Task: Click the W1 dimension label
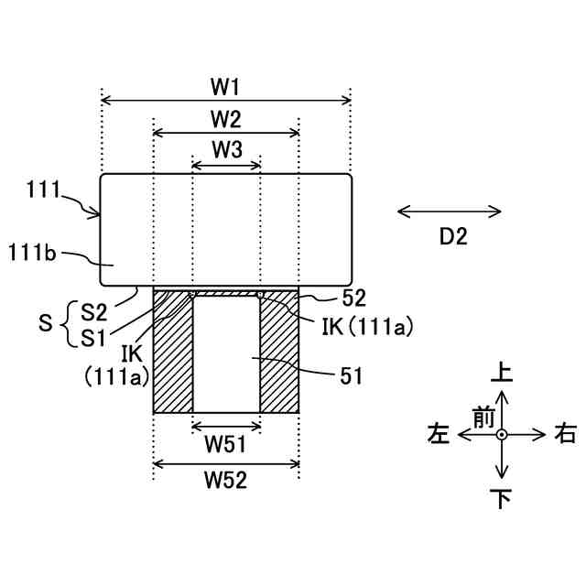coord(225,87)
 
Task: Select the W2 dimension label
coord(225,119)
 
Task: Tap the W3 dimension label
coord(226,149)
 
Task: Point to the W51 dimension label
coord(226,444)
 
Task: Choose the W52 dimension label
coord(226,478)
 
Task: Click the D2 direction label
coord(452,237)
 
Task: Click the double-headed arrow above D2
coord(450,212)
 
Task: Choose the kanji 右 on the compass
coord(565,436)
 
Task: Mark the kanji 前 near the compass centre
coord(483,417)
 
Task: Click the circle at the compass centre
coord(502,435)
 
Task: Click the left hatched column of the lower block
coord(172,357)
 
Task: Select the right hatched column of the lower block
coord(280,357)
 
